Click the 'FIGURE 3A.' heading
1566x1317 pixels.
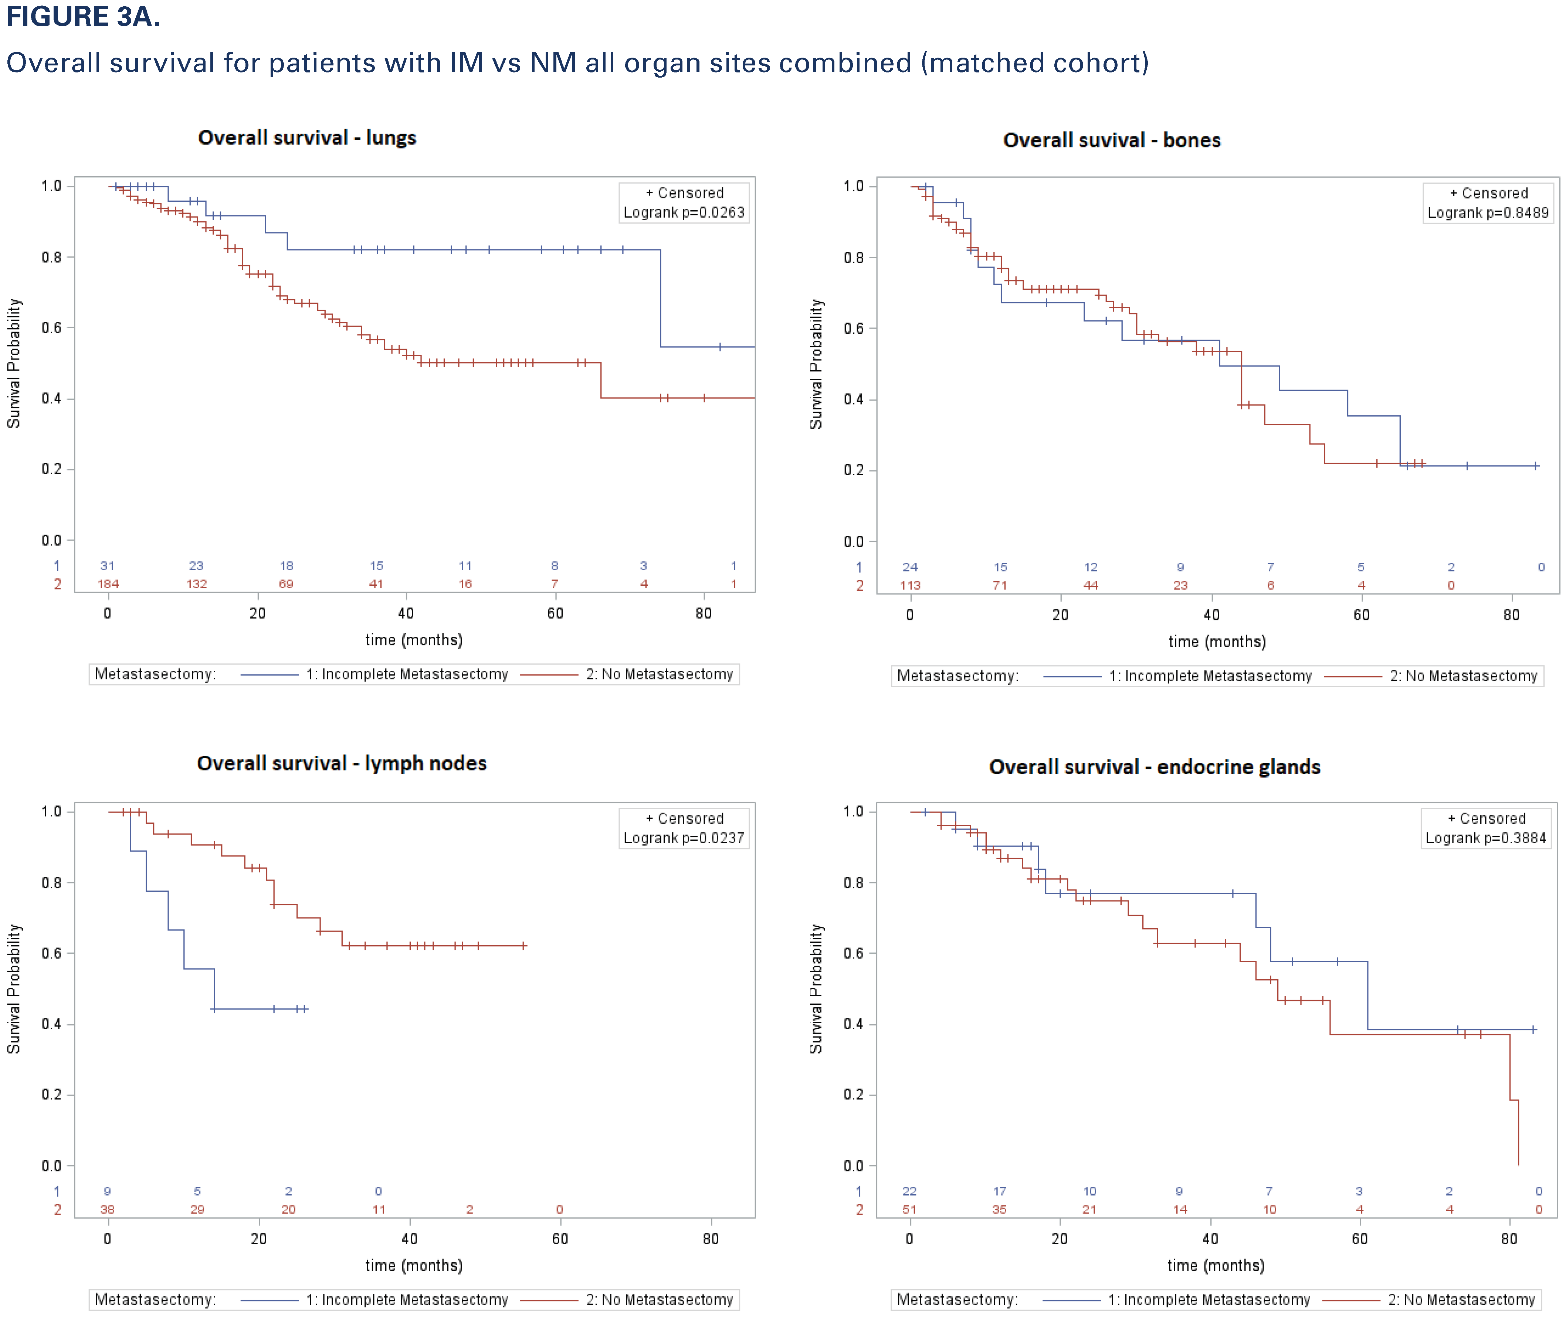click(83, 16)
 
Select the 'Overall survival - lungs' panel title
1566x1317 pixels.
click(307, 138)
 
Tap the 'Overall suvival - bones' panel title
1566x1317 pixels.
click(1111, 140)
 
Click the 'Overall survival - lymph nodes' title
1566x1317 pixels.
click(341, 764)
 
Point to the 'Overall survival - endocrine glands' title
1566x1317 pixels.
click(1155, 768)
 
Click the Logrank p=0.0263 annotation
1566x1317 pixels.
click(684, 213)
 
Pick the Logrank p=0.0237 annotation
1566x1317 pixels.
click(684, 838)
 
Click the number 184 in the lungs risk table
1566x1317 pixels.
click(108, 584)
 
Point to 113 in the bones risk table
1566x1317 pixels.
click(910, 585)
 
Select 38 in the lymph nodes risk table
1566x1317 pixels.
click(108, 1209)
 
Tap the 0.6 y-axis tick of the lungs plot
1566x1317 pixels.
click(51, 328)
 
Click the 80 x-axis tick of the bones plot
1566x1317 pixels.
click(1512, 615)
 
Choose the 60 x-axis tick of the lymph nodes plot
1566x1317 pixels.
click(560, 1239)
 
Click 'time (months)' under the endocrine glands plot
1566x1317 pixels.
click(1216, 1266)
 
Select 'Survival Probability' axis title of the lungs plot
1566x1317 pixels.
click(14, 364)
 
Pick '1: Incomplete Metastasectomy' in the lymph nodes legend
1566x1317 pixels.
click(407, 1300)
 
